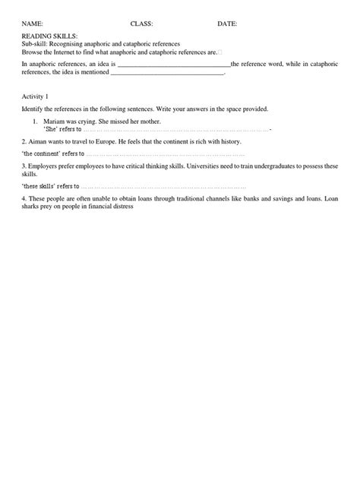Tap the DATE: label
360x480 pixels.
(x=227, y=24)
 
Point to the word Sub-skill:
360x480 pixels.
(x=37, y=44)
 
